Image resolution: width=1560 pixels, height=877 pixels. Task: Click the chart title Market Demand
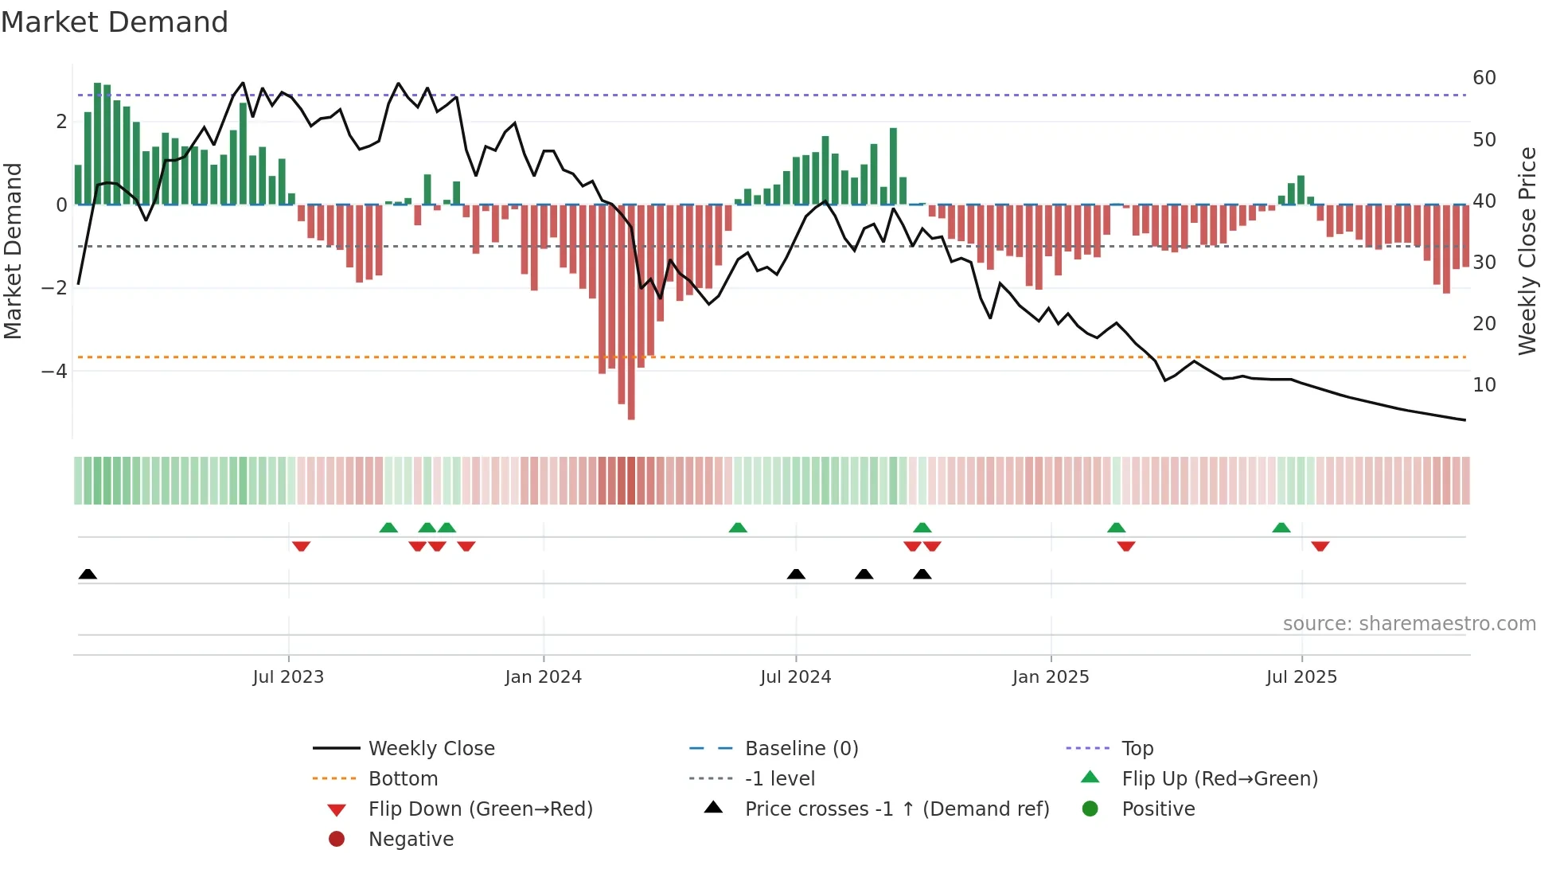pos(115,22)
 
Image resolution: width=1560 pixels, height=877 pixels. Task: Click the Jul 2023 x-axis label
pos(288,677)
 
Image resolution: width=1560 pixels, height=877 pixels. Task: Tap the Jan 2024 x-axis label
pos(543,677)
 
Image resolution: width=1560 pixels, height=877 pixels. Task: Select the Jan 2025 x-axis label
pos(1050,677)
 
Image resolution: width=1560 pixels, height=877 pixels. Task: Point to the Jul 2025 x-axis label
pos(1301,677)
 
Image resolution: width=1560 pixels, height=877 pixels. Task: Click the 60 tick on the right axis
pos(1484,78)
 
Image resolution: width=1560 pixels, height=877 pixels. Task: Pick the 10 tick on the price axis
pos(1484,385)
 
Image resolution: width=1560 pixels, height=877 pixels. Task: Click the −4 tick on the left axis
pos(54,371)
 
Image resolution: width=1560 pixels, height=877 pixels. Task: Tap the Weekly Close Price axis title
pos(1527,251)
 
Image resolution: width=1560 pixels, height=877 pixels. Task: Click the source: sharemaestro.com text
pos(1409,624)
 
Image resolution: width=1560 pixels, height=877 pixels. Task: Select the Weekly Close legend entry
pos(431,749)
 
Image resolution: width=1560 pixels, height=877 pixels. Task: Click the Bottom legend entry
pos(403,779)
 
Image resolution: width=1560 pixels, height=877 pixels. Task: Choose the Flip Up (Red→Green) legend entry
pos(1219,779)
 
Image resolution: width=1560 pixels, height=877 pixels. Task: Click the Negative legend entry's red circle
pos(337,840)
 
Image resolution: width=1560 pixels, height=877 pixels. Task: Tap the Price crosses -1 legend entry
pos(896,809)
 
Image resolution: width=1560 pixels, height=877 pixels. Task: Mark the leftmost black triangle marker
pos(88,575)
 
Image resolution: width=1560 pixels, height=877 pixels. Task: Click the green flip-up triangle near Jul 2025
pos(1281,528)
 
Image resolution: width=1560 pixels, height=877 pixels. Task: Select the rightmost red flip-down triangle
pos(1320,546)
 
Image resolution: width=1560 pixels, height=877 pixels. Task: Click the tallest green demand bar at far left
pos(97,143)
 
